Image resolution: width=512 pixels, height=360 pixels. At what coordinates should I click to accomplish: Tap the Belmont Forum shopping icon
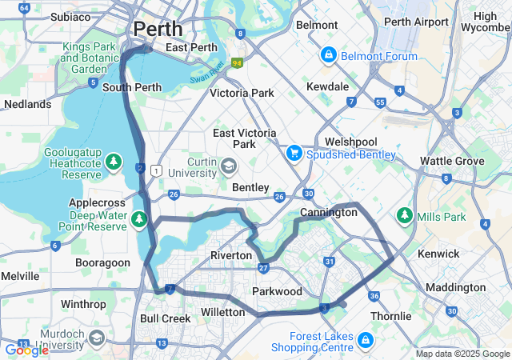pyautogui.click(x=328, y=55)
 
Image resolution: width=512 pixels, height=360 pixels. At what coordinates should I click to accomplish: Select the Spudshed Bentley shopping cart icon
pyautogui.click(x=294, y=152)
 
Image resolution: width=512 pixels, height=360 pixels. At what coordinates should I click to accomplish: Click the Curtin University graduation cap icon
pyautogui.click(x=229, y=166)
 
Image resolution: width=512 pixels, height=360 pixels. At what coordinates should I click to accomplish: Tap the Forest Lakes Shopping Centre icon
pyautogui.click(x=365, y=341)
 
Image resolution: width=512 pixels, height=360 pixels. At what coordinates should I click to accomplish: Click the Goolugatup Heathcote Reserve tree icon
pyautogui.click(x=114, y=162)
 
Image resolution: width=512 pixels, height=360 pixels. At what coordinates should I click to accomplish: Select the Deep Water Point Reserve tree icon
pyautogui.click(x=140, y=218)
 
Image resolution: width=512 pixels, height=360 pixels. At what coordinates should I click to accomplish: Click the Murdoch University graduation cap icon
pyautogui.click(x=98, y=337)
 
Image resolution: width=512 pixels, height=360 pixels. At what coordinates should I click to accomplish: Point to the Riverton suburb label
pyautogui.click(x=231, y=254)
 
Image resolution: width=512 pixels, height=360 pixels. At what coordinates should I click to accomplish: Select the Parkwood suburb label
pyautogui.click(x=277, y=290)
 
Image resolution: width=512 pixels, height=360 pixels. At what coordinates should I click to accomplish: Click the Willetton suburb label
pyautogui.click(x=222, y=311)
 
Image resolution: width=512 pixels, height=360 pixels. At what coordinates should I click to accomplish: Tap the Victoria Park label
pyautogui.click(x=242, y=93)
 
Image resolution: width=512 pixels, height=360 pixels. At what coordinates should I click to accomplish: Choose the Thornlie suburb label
pyautogui.click(x=390, y=316)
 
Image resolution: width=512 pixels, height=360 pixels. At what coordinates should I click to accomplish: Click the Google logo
pyautogui.click(x=26, y=350)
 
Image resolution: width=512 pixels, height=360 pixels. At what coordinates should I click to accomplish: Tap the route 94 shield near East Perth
pyautogui.click(x=237, y=62)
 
